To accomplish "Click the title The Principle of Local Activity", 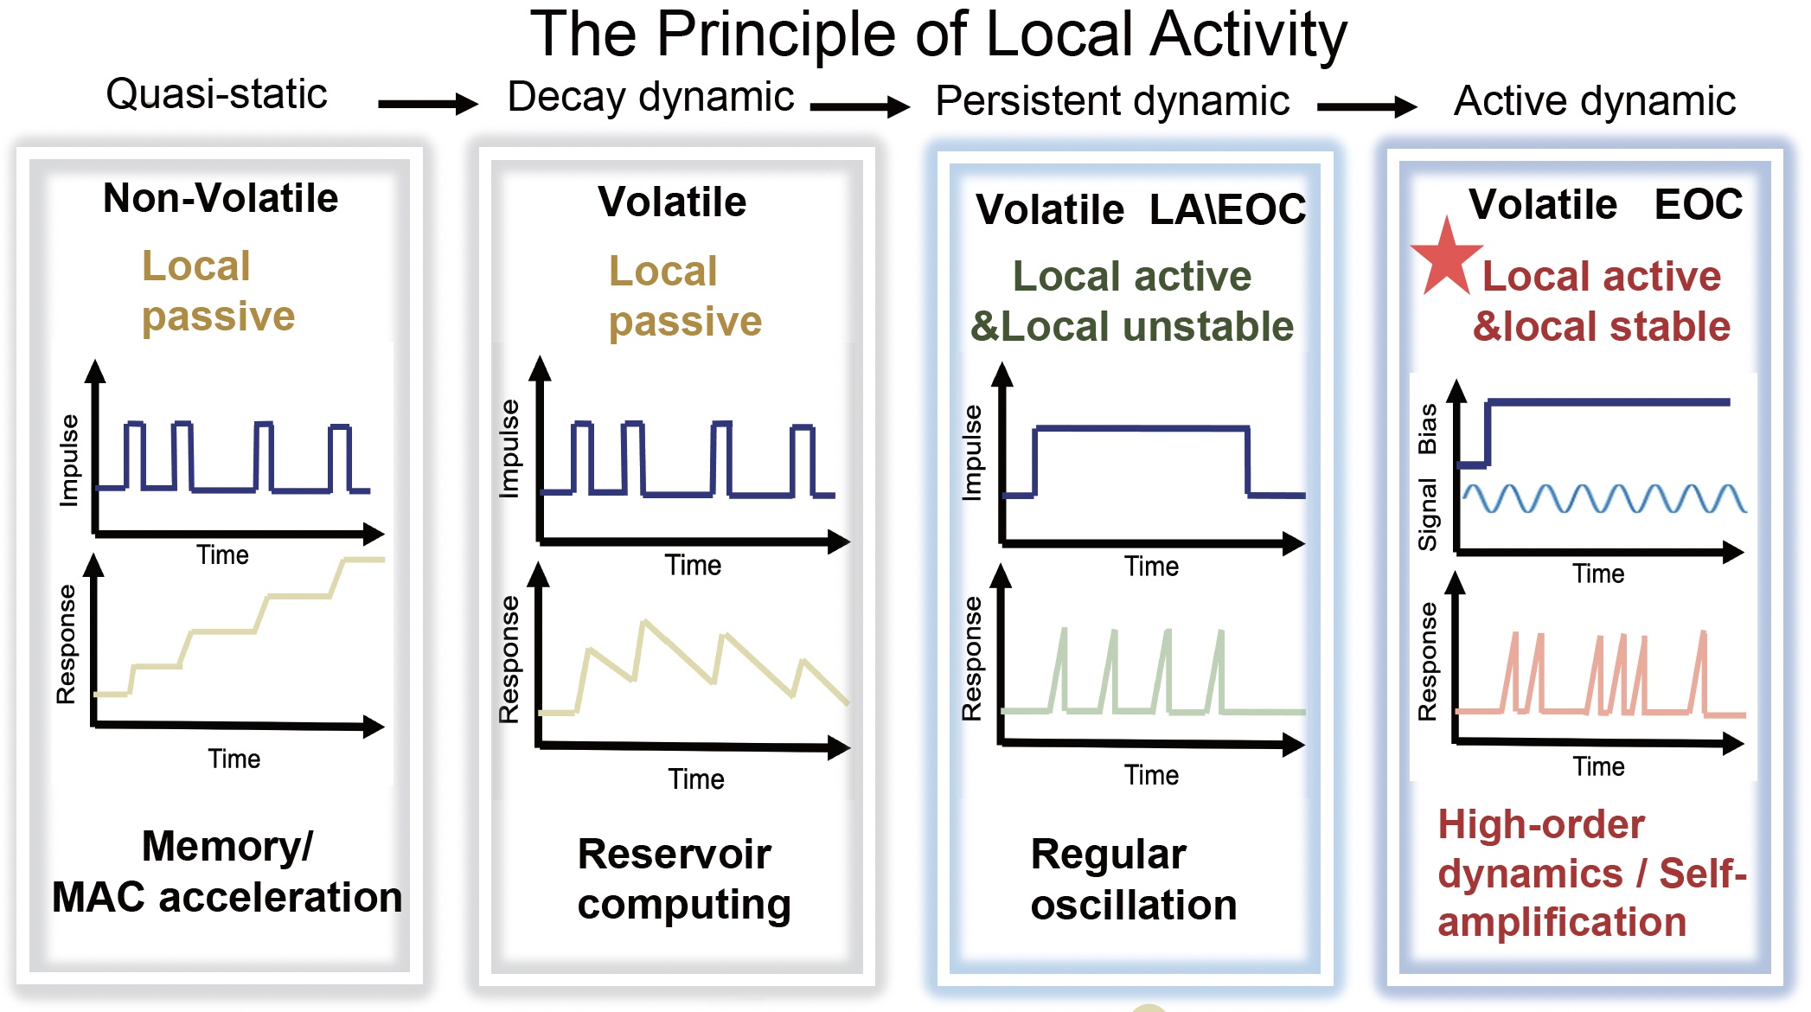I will point(938,35).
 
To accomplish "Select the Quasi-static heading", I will point(216,93).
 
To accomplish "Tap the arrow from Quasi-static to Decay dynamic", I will point(427,105).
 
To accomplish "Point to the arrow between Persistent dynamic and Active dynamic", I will point(1366,107).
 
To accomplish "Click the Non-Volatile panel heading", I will point(221,198).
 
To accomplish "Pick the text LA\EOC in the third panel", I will point(1227,209).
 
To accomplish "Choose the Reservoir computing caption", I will point(683,879).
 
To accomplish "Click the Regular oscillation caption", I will point(1133,879).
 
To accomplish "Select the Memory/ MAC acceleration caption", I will point(227,872).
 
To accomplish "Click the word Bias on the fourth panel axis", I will point(1427,429).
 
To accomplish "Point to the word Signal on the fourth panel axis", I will point(1427,514).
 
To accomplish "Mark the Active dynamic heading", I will point(1594,100).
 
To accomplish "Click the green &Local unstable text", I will point(1132,327).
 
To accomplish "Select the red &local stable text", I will point(1602,327).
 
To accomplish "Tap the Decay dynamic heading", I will point(650,96).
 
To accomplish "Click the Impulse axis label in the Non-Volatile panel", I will point(68,459).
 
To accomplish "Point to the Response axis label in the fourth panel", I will point(1427,662).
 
